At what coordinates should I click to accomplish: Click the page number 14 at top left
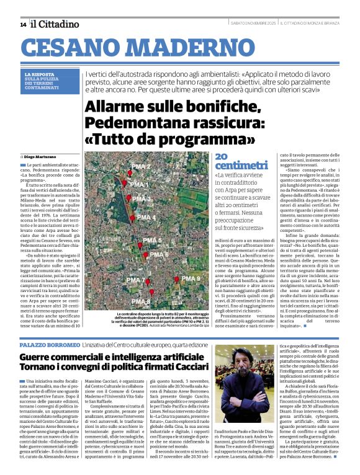[x=23, y=24]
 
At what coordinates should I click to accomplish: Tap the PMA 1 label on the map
[x=140, y=185]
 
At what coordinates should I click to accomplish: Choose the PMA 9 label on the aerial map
[x=191, y=279]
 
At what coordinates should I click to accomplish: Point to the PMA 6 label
[x=160, y=254]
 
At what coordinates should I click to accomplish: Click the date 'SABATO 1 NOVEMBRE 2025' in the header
[x=253, y=24]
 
